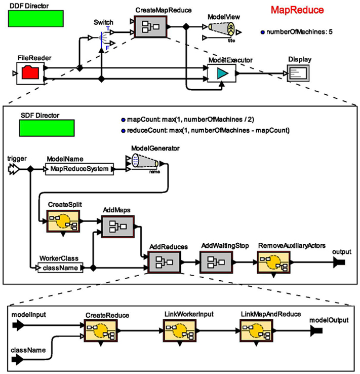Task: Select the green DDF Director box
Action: click(x=36, y=18)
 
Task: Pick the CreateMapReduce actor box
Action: click(x=151, y=26)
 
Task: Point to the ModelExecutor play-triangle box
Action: click(x=222, y=74)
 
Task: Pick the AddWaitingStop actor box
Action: click(x=217, y=262)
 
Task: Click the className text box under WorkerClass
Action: click(x=60, y=267)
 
